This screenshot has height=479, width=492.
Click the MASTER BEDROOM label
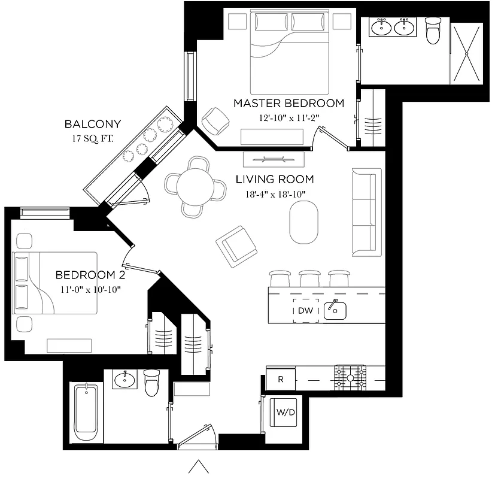pos(288,103)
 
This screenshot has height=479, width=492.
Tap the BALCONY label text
pos(93,125)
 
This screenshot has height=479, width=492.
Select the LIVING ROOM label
pos(274,179)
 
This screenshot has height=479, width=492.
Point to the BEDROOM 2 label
pos(86,275)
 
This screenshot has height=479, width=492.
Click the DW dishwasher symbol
pos(305,311)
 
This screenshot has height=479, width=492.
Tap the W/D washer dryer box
pos(285,413)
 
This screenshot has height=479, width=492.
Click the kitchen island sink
pos(335,310)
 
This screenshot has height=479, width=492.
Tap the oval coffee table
pos(305,222)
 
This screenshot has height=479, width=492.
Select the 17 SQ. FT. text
pos(93,139)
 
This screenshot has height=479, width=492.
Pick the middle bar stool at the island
pos(309,278)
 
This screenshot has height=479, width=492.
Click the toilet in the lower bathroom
pos(153,383)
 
